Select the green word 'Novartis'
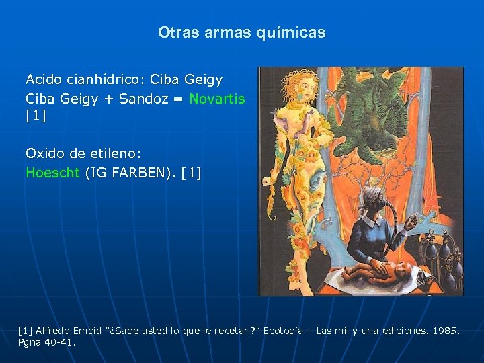tap(216, 99)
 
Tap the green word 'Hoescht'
tap(53, 173)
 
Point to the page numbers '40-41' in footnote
tap(58, 342)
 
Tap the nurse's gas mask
tap(376, 202)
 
